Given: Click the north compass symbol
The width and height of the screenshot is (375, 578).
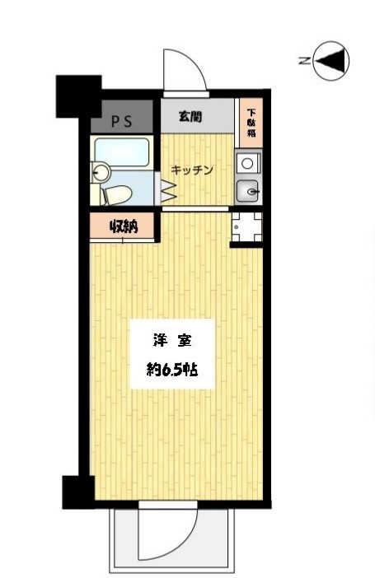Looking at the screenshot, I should pos(331,60).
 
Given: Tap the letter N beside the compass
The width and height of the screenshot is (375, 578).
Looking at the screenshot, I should pos(303,60).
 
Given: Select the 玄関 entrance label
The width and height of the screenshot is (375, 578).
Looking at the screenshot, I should pos(195,117).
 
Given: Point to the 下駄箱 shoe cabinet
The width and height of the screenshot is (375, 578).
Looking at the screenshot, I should pos(250,122).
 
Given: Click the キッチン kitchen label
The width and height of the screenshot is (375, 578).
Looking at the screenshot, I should pos(193,170).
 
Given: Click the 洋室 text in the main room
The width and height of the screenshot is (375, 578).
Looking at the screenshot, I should pos(172,339).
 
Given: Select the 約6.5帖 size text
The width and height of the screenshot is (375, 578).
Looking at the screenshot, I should pos(172,370).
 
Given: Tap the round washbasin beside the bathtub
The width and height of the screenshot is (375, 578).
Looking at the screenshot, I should pos(100,173).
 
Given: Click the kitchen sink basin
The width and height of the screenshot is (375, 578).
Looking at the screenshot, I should pos(248,193).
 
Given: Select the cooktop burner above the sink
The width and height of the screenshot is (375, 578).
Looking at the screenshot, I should pos(247,163).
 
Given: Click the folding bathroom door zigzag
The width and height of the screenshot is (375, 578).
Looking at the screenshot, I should pos(168,191).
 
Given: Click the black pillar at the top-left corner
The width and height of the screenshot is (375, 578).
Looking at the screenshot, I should pos(77,96).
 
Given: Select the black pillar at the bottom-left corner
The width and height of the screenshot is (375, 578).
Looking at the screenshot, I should pos(77,492).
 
